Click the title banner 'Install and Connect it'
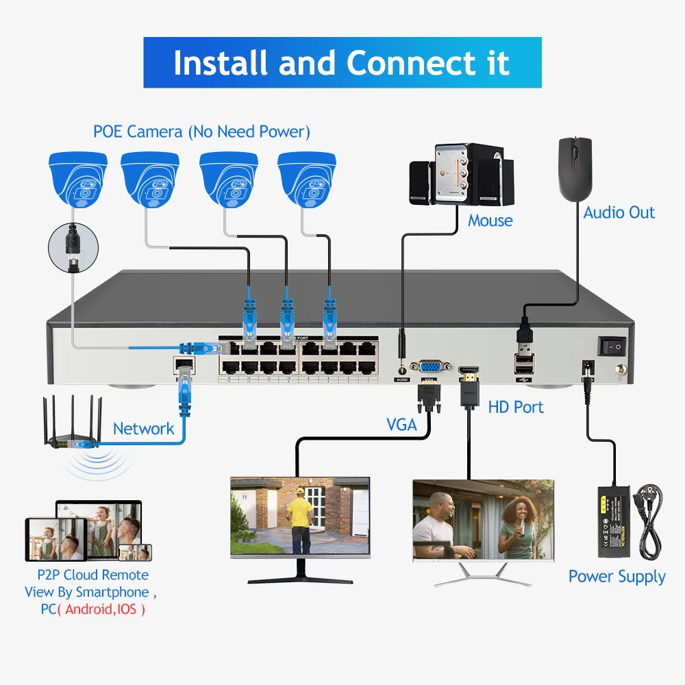pos(342,62)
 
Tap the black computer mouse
pos(574,167)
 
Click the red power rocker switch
pos(612,347)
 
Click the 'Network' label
pos(144,429)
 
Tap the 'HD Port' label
pos(516,407)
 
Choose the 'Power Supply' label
pos(616,577)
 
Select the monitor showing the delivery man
pos(300,517)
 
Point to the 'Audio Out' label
pos(619,212)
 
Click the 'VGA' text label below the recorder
pos(401,425)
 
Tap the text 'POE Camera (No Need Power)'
pos(201,131)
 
